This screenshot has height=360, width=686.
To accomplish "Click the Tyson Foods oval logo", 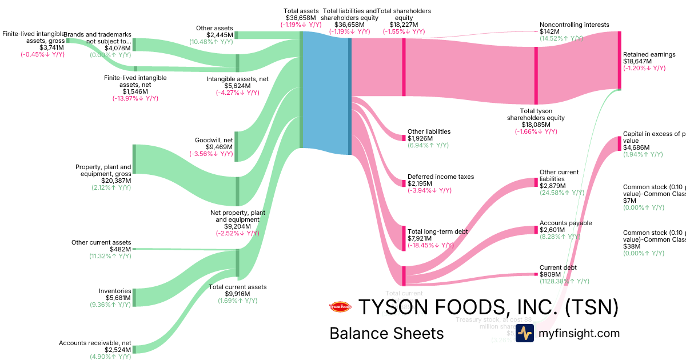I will (341, 307).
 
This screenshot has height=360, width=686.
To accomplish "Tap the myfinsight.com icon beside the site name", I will (524, 333).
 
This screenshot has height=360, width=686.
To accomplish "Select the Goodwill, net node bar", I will (237, 146).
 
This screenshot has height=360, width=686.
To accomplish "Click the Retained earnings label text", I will (649, 55).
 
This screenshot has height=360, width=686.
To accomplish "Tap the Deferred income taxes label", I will (440, 177).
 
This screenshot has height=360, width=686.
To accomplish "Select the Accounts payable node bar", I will (536, 230).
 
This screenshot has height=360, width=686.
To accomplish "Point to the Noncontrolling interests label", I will (574, 25).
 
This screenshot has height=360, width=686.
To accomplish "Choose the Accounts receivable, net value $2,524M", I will (118, 350).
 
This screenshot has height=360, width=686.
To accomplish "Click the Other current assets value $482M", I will (120, 250).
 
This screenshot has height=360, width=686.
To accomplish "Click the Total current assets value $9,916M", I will (237, 294).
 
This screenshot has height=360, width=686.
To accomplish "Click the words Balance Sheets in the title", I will (386, 334).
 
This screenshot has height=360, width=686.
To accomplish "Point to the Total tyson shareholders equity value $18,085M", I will (535, 125).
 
